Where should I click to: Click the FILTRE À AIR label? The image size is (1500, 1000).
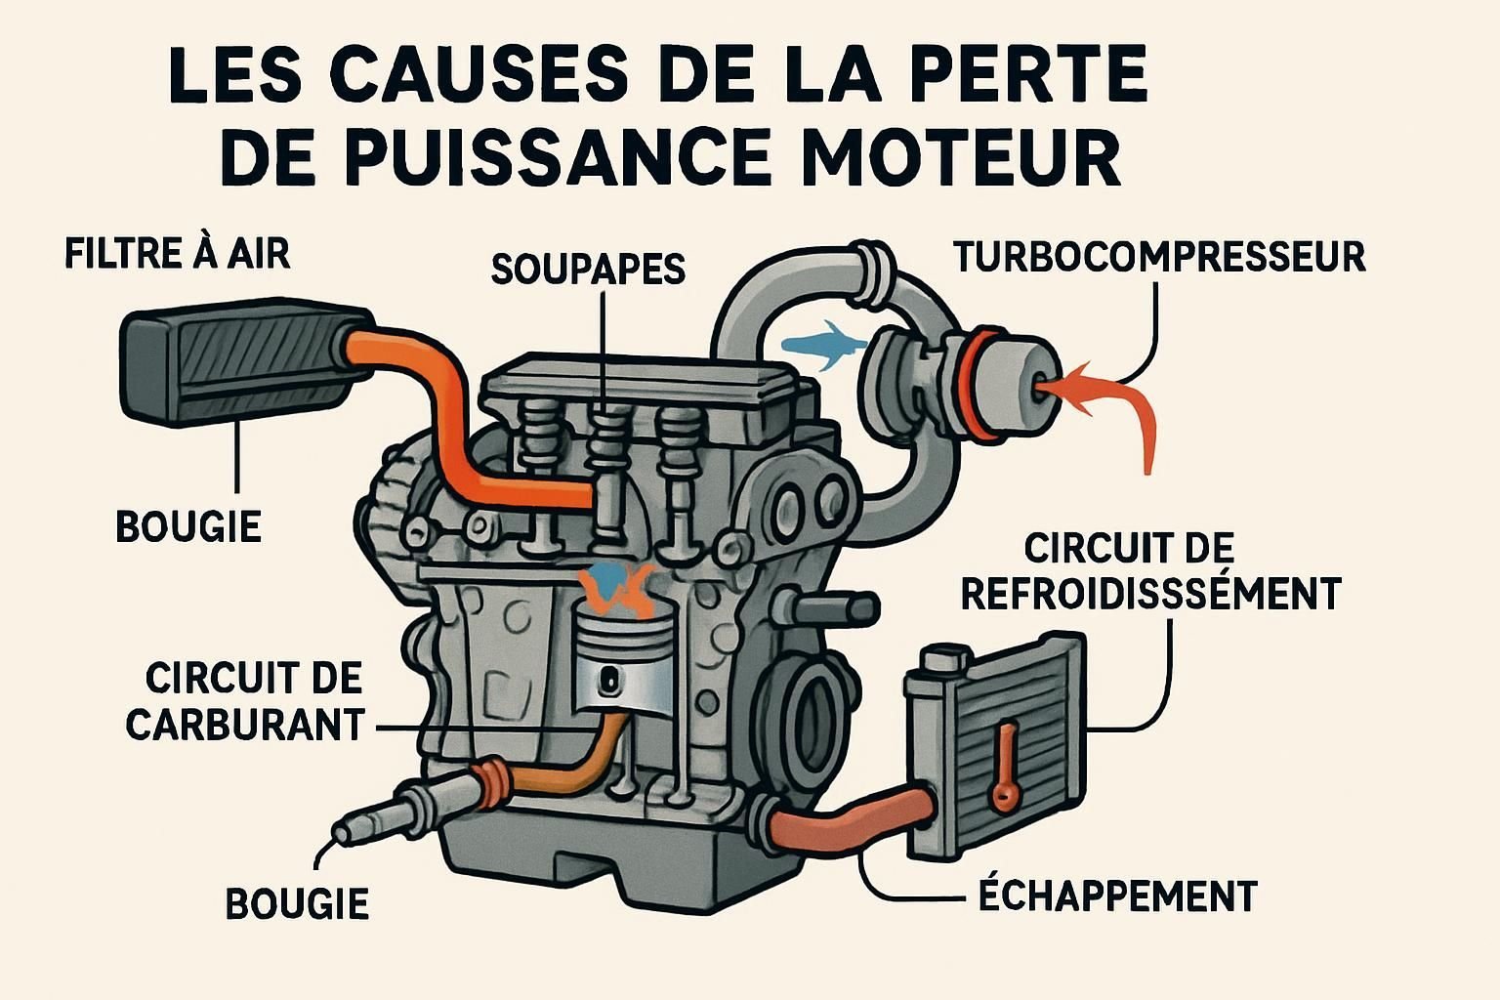pyautogui.click(x=177, y=253)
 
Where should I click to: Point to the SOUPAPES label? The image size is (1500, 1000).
pyautogui.click(x=588, y=269)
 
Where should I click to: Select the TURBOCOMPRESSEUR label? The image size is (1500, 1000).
pyautogui.click(x=1159, y=257)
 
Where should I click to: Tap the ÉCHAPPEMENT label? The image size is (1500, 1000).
pyautogui.click(x=1117, y=896)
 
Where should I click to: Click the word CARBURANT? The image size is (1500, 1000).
pyautogui.click(x=245, y=725)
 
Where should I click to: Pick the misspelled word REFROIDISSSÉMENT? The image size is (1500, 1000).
pyautogui.click(x=1150, y=593)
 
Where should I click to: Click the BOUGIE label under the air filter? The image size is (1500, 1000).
pyautogui.click(x=188, y=526)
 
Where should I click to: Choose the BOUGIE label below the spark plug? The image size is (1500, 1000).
pyautogui.click(x=297, y=903)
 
